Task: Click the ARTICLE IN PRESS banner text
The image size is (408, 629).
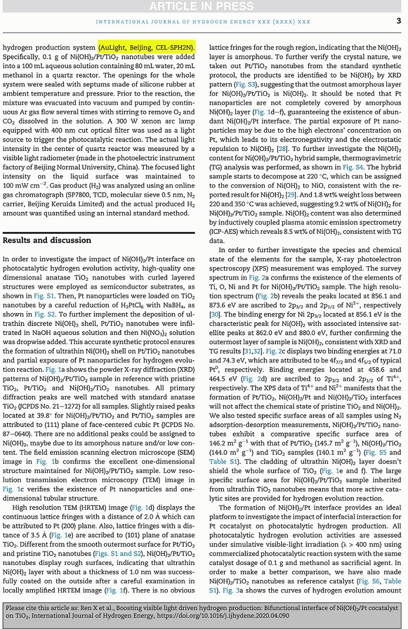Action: [203, 6]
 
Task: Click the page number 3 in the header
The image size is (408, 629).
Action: [399, 21]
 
